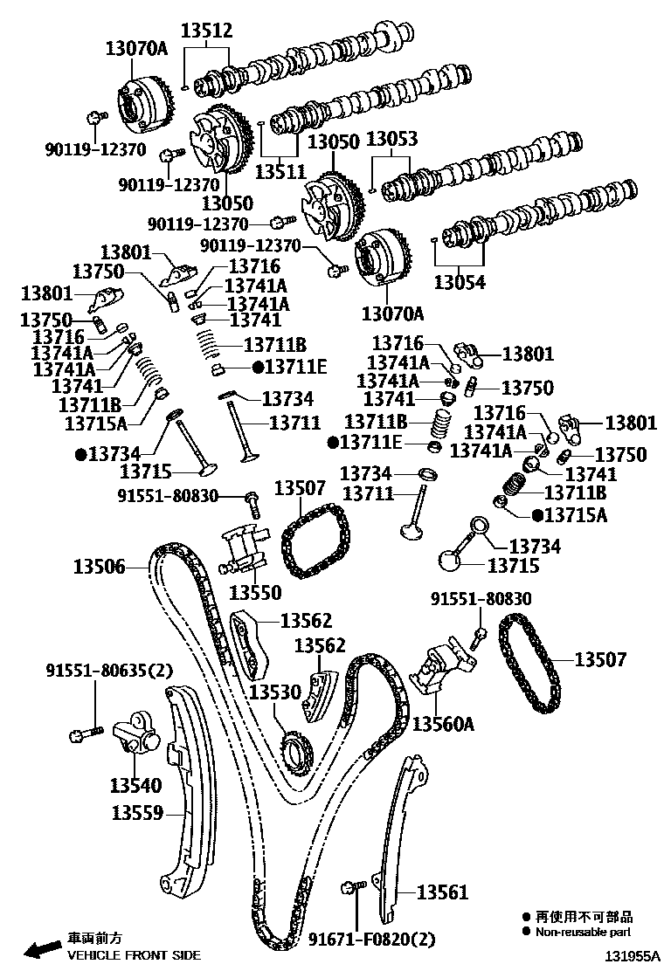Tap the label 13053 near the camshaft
click(x=391, y=140)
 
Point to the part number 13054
click(x=460, y=282)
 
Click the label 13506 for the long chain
click(x=99, y=568)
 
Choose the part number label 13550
click(x=255, y=593)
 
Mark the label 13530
click(x=274, y=692)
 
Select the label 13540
click(x=135, y=784)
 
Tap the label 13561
click(x=442, y=892)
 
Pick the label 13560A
click(x=443, y=723)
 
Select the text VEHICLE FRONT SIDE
click(x=134, y=955)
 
